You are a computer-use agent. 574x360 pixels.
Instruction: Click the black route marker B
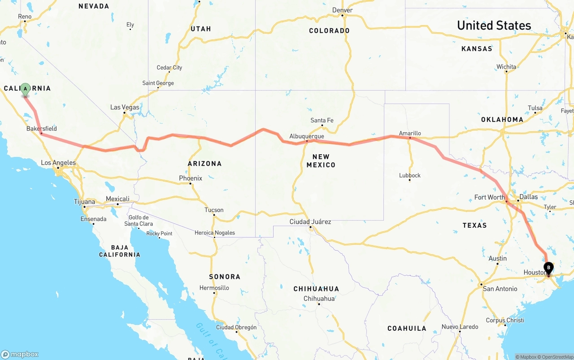pyautogui.click(x=548, y=268)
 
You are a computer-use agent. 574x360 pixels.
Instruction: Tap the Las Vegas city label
pyautogui.click(x=125, y=107)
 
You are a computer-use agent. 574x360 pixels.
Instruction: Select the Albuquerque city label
pyautogui.click(x=307, y=136)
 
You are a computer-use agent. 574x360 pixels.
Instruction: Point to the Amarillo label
pyautogui.click(x=410, y=133)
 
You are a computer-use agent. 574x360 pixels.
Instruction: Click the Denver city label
pyautogui.click(x=343, y=10)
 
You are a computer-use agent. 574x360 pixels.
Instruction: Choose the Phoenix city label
pyautogui.click(x=191, y=178)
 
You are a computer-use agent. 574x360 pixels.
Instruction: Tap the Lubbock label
pyautogui.click(x=410, y=175)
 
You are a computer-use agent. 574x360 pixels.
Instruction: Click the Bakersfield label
pyautogui.click(x=42, y=129)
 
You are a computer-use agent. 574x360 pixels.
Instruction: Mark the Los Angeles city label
pyautogui.click(x=58, y=163)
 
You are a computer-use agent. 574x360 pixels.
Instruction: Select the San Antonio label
pyautogui.click(x=500, y=289)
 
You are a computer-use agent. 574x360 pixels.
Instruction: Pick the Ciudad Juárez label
pyautogui.click(x=310, y=221)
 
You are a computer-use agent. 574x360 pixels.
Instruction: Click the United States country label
pyautogui.click(x=494, y=26)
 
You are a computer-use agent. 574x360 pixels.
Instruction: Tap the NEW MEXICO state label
pyautogui.click(x=321, y=161)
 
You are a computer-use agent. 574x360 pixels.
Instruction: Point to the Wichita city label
pyautogui.click(x=506, y=67)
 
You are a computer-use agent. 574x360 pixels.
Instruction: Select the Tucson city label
pyautogui.click(x=214, y=210)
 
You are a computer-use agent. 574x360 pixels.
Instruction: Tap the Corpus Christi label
pyautogui.click(x=505, y=320)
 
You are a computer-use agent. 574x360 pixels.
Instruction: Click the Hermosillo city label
pyautogui.click(x=214, y=288)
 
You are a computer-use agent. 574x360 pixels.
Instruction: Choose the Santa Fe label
pyautogui.click(x=322, y=120)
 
